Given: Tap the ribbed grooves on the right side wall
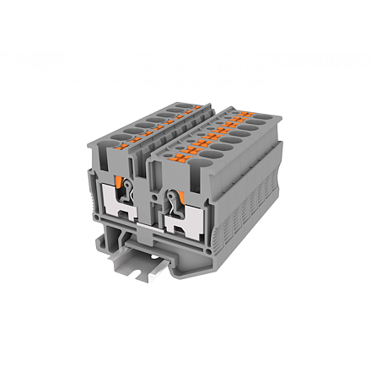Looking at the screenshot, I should coord(253,211).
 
